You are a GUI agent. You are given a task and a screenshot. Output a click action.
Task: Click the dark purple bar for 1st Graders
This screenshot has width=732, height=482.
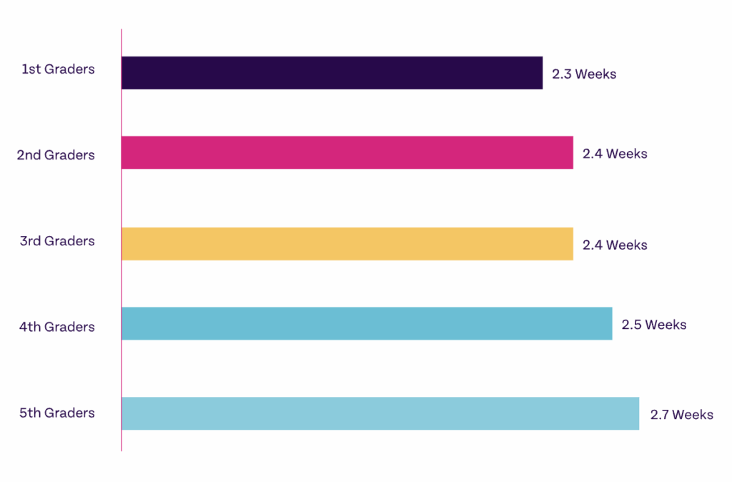[332, 73]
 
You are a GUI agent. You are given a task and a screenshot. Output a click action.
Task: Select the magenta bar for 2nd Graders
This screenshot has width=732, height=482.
[347, 153]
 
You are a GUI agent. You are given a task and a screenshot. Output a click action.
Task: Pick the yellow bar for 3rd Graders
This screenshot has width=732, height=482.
[347, 244]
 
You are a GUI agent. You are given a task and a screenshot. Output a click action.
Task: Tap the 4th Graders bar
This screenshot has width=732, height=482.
[367, 324]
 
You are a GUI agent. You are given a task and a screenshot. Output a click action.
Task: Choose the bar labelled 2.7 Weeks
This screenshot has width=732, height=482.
[380, 413]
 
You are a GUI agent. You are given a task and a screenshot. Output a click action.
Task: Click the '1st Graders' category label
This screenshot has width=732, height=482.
[58, 69]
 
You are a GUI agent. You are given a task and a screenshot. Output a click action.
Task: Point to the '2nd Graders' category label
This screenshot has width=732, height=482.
[56, 155]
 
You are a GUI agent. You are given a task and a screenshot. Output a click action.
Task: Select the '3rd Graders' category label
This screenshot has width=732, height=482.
[57, 241]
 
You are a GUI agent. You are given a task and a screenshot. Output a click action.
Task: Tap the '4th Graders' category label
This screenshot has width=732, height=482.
[56, 327]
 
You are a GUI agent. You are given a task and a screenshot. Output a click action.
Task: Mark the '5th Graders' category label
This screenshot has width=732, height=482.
[57, 413]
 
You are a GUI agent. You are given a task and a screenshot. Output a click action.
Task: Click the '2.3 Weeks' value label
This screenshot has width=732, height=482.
[583, 74]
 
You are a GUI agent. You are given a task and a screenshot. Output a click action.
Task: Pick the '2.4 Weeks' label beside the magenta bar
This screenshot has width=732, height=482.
[615, 154]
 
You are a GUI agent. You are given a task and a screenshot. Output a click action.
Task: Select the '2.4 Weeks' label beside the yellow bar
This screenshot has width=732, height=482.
[615, 245]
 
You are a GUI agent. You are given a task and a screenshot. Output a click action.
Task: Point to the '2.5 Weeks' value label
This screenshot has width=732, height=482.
[653, 325]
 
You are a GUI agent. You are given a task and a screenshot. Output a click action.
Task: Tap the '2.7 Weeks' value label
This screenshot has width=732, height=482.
[681, 415]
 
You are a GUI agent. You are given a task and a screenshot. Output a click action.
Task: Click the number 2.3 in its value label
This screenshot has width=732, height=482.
[561, 74]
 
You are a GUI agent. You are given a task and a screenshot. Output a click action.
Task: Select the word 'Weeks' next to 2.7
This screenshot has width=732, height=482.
[693, 415]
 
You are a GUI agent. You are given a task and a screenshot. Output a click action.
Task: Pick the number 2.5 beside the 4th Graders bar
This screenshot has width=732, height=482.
[631, 325]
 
